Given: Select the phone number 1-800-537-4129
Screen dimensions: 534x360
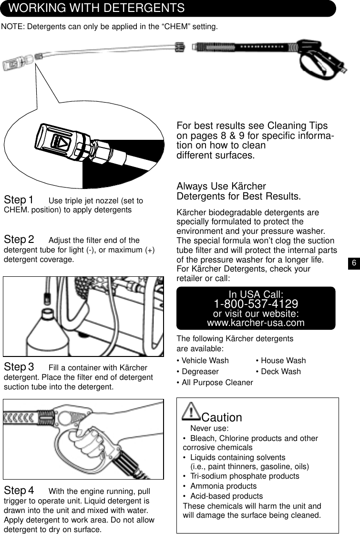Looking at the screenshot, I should click(x=256, y=304).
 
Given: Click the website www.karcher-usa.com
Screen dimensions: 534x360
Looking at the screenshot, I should click(x=256, y=323).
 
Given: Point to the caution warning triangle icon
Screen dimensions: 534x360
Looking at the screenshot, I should click(x=192, y=411).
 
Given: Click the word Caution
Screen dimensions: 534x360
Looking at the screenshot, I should click(x=222, y=418).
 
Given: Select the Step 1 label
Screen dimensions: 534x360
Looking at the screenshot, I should click(x=19, y=199).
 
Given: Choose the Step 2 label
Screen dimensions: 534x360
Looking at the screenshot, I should click(x=19, y=239).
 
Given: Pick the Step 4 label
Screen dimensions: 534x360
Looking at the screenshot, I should click(x=19, y=491).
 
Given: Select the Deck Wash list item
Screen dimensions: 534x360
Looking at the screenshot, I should click(x=278, y=372).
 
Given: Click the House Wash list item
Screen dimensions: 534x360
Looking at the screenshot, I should click(x=280, y=361).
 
